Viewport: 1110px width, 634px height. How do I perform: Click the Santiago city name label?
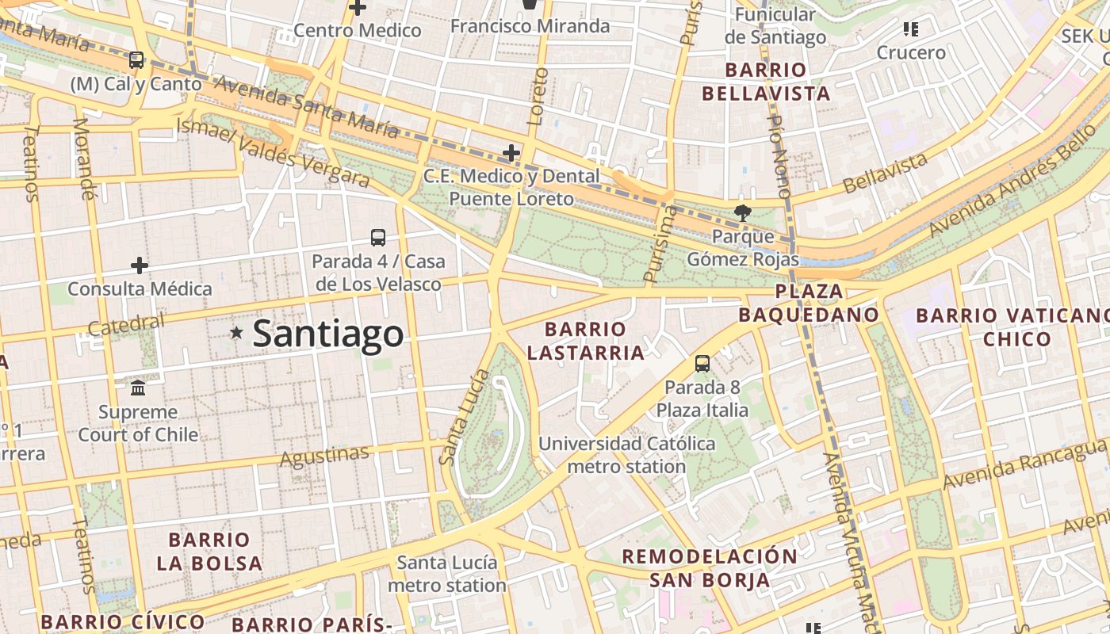327,334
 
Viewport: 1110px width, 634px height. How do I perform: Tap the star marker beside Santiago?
236,333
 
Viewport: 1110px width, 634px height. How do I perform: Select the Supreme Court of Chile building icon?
138,388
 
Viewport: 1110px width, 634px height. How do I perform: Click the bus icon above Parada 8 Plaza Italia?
702,364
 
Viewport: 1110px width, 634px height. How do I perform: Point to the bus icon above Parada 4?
378,237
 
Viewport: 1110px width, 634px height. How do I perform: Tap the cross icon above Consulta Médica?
140,265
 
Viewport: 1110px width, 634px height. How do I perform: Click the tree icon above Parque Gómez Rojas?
742,212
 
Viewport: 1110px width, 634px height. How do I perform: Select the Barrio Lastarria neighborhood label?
586,341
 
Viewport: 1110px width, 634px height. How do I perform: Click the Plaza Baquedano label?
809,303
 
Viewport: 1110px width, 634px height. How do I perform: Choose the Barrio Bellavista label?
766,82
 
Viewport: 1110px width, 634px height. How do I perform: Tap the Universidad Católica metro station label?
626,455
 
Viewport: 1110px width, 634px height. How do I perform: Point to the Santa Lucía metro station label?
447,574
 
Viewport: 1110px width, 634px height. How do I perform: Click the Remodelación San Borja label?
710,567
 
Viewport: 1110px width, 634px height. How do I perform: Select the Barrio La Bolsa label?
209,552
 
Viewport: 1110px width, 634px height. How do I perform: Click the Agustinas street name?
325,456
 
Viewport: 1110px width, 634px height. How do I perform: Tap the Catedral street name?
127,325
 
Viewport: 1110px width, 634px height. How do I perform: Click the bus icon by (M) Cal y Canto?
136,59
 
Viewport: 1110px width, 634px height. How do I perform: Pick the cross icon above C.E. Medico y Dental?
511,152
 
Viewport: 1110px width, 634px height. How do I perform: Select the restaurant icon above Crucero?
910,29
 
